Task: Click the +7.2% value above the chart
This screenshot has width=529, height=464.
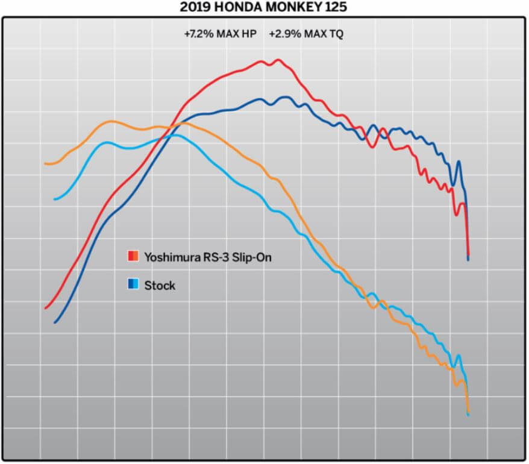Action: tap(198, 34)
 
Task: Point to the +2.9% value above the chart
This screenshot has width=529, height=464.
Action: tap(282, 34)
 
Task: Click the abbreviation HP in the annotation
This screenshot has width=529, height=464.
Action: tap(249, 34)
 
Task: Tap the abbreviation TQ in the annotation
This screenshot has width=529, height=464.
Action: tap(336, 34)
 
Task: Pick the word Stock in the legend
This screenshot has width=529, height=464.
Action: tap(160, 285)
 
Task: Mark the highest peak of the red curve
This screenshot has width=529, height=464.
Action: tap(278, 60)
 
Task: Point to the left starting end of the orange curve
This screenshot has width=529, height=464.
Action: tap(45, 163)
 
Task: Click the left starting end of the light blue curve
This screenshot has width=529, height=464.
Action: tap(55, 199)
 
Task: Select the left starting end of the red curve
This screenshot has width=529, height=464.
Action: tap(45, 308)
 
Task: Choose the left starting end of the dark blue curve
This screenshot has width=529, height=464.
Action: tap(55, 322)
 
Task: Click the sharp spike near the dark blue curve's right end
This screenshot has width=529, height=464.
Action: tap(459, 161)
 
